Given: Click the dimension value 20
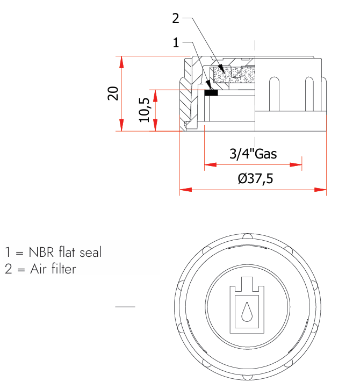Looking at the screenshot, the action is (x=113, y=93).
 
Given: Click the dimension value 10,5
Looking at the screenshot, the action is (x=144, y=110).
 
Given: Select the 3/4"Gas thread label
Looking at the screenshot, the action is (x=253, y=154).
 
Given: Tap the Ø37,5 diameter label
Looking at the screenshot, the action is (x=256, y=178).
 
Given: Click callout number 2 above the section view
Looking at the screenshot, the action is (x=176, y=18).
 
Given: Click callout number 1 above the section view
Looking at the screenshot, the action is (x=176, y=42).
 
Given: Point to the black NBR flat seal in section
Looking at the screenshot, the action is (x=211, y=93).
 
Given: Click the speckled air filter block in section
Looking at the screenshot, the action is (x=234, y=75).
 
